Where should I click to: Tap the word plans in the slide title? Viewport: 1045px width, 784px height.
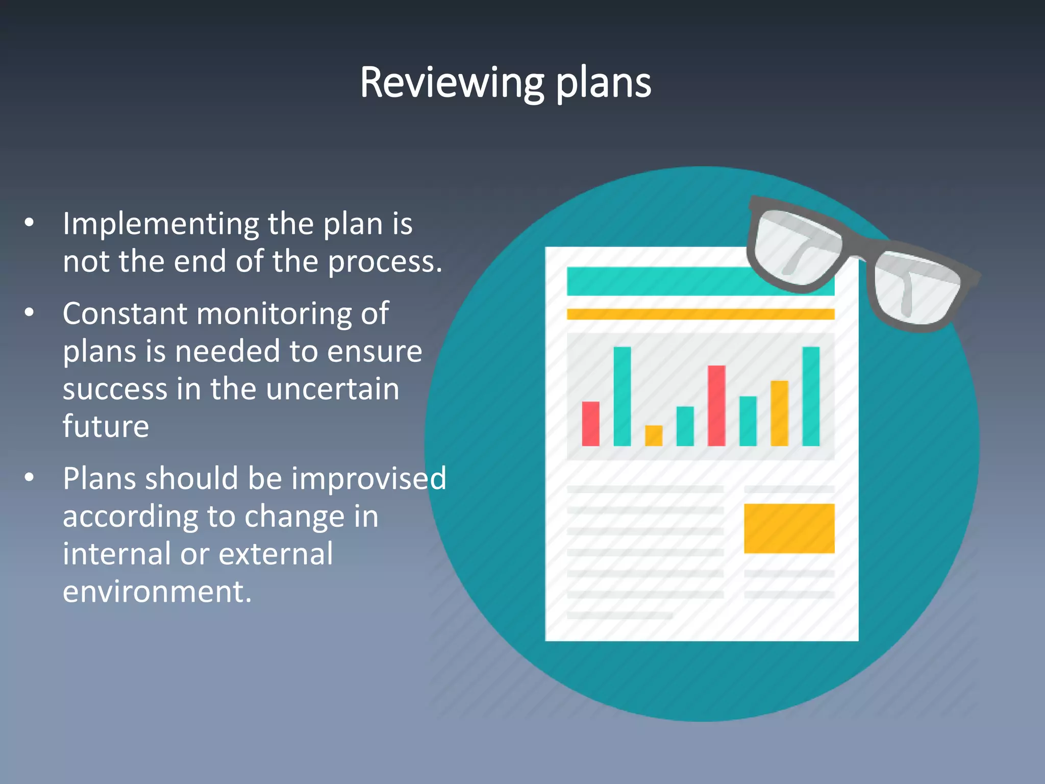tap(603, 83)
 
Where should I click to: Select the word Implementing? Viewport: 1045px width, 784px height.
tap(161, 225)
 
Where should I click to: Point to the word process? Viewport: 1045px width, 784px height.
tap(385, 262)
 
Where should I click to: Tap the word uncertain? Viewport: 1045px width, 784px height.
tap(332, 389)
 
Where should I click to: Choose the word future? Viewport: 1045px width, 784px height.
tap(106, 426)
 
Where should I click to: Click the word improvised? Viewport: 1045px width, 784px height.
tap(368, 479)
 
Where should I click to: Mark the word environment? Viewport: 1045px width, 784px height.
tap(157, 592)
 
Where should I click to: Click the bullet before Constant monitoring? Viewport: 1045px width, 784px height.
tap(30, 312)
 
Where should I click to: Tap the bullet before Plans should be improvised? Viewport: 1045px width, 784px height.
tap(30, 477)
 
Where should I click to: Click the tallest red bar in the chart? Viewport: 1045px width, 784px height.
tap(716, 406)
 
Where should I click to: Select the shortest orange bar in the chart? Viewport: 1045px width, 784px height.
tap(654, 436)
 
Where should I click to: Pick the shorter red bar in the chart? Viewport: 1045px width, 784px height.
tap(590, 424)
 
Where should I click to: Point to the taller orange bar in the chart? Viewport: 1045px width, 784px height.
tap(779, 413)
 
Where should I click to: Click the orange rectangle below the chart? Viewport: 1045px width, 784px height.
tap(789, 528)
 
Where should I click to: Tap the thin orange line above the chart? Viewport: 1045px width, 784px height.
tap(700, 314)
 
